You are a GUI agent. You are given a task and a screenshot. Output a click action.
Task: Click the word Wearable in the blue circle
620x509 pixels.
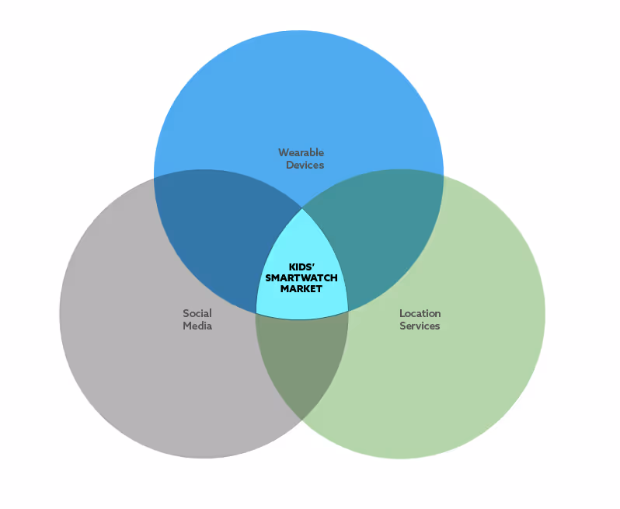tap(301, 152)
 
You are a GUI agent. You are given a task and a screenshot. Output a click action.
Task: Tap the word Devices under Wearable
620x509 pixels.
tap(305, 165)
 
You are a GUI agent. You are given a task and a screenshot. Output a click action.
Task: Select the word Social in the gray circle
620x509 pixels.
tap(197, 313)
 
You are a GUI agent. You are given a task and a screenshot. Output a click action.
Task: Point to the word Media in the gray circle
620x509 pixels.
tap(197, 326)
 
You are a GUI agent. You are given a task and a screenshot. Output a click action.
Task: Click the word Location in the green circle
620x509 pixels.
tap(420, 313)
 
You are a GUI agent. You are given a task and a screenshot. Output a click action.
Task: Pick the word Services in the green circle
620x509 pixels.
tap(420, 326)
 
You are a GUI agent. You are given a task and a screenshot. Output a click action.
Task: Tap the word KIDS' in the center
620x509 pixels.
tap(301, 267)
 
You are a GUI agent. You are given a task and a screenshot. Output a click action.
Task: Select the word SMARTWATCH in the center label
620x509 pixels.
tap(301, 277)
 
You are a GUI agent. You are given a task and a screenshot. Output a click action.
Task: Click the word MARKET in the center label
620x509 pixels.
tap(301, 288)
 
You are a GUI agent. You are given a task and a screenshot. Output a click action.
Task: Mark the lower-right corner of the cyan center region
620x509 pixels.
tap(347, 312)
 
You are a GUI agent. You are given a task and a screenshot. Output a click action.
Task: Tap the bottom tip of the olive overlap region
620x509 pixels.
tap(302, 420)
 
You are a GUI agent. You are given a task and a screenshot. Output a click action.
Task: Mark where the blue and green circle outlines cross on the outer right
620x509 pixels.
tap(443, 176)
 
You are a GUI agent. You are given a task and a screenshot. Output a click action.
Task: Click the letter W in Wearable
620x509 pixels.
tap(282, 152)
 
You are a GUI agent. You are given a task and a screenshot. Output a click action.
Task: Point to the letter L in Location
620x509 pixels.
tap(402, 313)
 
